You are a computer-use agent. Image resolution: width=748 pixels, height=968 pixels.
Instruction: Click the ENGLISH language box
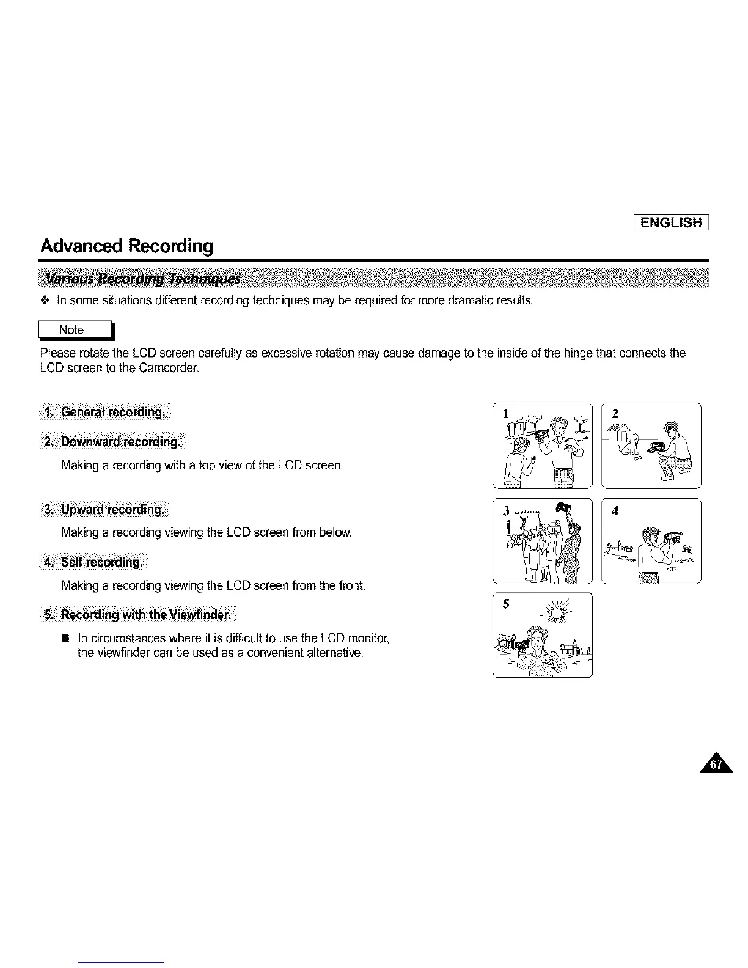[x=670, y=221]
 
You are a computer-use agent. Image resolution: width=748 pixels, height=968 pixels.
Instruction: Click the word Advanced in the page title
[x=82, y=246]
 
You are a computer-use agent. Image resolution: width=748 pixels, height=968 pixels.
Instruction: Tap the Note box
[x=76, y=330]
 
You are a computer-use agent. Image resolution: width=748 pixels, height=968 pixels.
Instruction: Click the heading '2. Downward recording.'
[x=112, y=442]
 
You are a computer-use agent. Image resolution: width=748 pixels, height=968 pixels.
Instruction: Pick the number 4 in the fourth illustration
[x=615, y=512]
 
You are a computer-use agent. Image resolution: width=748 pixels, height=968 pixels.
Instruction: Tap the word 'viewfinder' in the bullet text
[x=120, y=653]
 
